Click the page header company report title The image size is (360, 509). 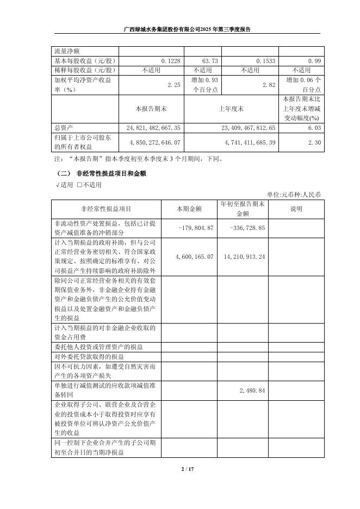(179, 30)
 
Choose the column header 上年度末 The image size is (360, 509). (231, 109)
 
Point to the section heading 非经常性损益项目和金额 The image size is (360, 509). (111, 173)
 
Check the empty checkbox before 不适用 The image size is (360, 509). (79, 184)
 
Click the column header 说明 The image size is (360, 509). (296, 208)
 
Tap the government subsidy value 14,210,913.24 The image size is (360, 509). (244, 256)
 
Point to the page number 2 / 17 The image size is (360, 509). (180, 469)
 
